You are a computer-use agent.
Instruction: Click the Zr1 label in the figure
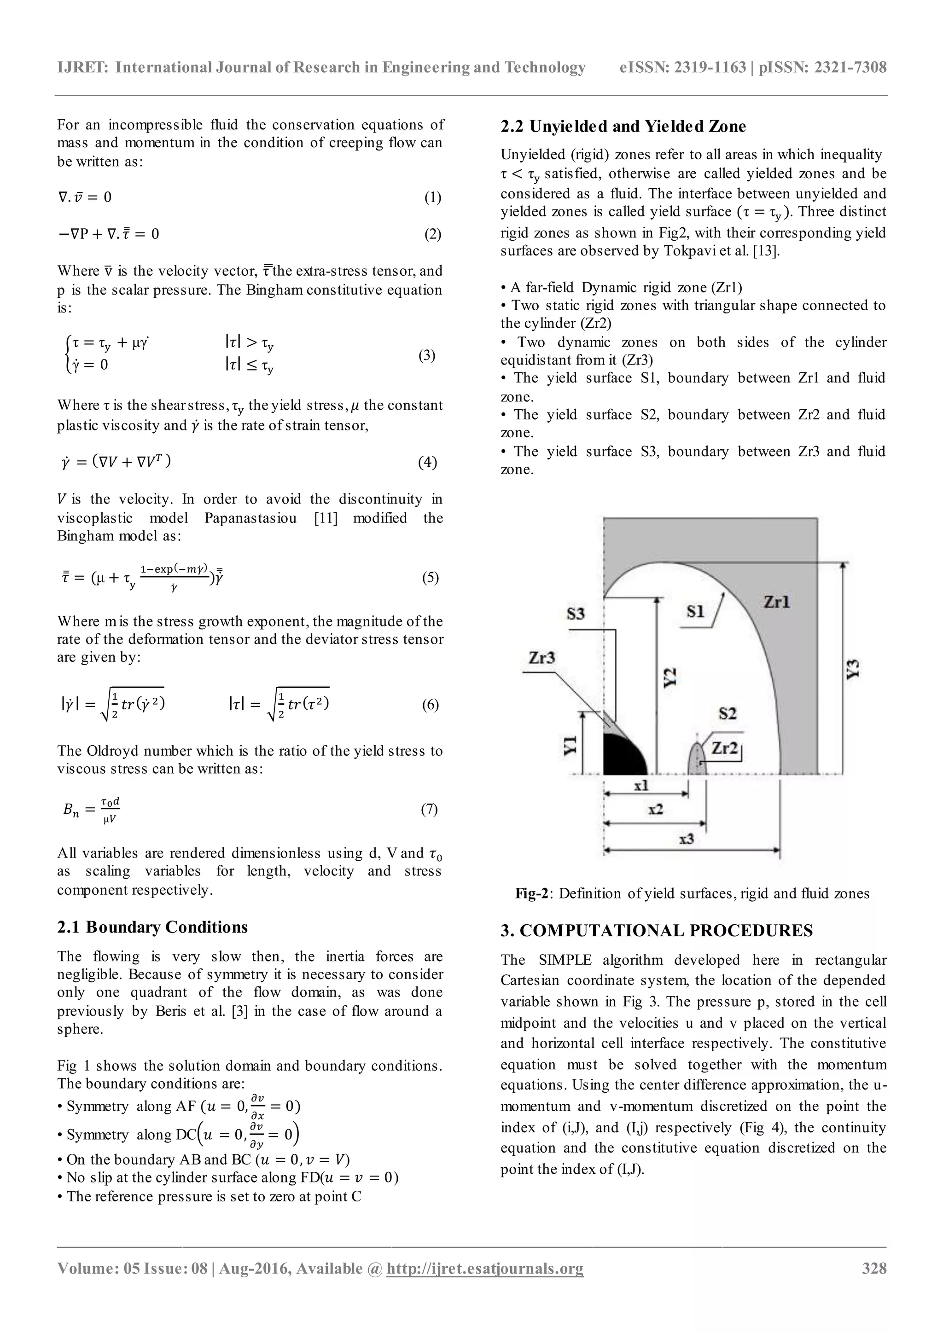click(x=776, y=602)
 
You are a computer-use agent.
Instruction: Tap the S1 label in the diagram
click(x=696, y=611)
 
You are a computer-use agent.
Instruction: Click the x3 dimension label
click(x=687, y=840)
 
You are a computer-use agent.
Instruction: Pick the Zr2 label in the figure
click(x=725, y=748)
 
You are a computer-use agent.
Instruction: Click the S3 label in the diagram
click(x=576, y=614)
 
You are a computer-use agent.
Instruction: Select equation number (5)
click(x=430, y=578)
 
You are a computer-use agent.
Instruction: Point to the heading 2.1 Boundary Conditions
click(x=152, y=927)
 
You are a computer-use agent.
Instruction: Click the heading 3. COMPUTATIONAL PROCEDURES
click(x=656, y=931)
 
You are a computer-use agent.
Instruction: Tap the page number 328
click(x=874, y=1284)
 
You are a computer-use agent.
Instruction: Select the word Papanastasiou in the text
click(x=252, y=517)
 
